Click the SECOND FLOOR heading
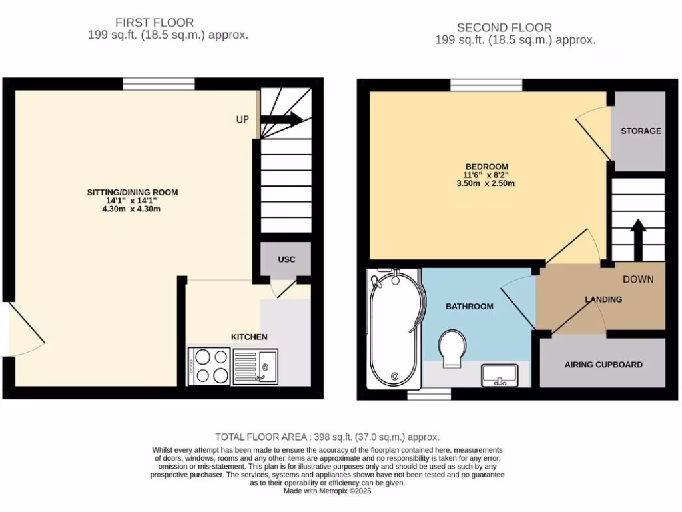tap(504, 27)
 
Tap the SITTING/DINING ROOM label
tap(133, 192)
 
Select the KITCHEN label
tap(249, 337)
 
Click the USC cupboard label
tap(286, 259)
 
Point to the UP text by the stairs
tap(242, 119)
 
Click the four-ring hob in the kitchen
tap(209, 366)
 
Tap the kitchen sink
tap(266, 366)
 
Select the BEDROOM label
tap(486, 167)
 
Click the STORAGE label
tap(641, 131)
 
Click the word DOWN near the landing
tap(638, 279)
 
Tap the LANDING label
tap(603, 299)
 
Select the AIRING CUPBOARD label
tap(603, 365)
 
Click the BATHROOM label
tap(470, 306)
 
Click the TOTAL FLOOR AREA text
tap(327, 437)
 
